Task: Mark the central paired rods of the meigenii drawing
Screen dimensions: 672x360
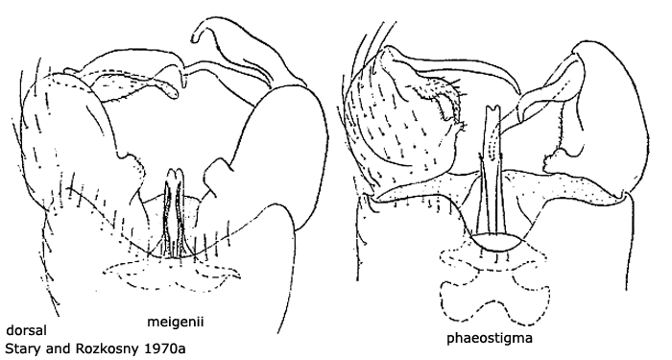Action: pos(175,206)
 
